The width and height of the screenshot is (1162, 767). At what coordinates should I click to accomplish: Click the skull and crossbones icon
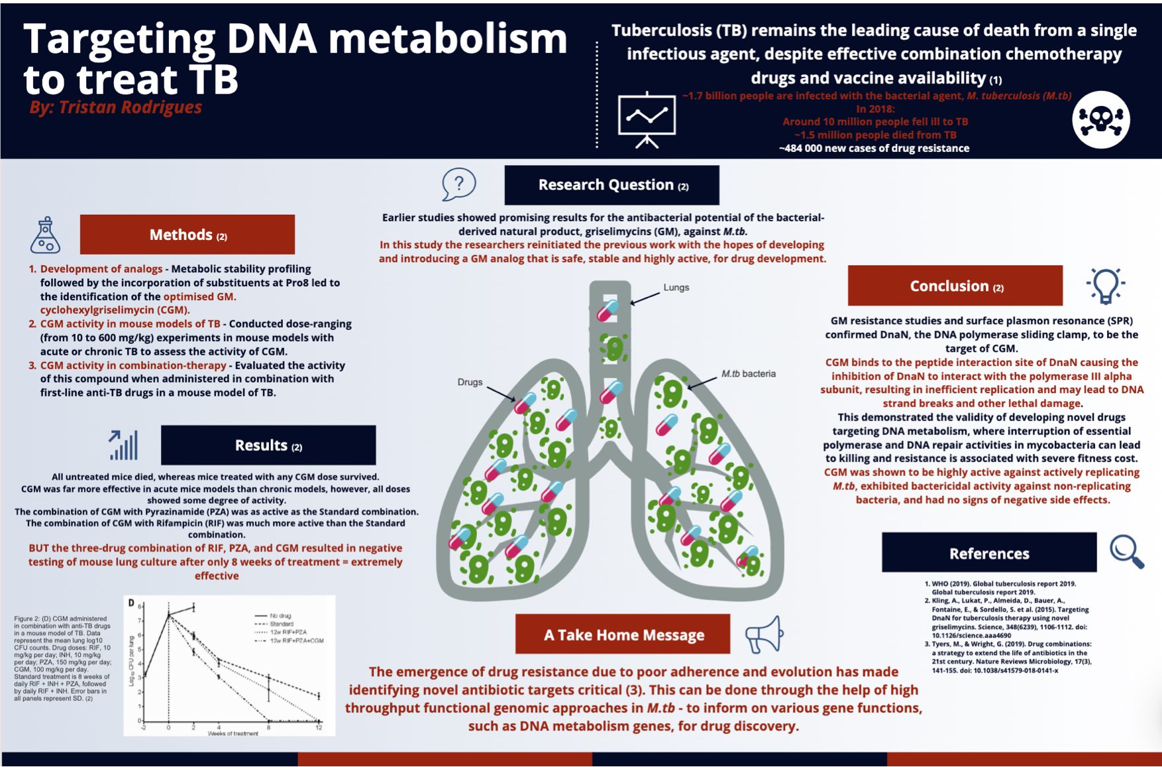tap(1100, 120)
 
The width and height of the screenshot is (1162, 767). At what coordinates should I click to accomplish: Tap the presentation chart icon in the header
tap(646, 119)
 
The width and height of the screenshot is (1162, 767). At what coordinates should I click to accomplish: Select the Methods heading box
tap(187, 235)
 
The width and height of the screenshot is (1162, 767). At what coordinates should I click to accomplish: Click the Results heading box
tap(268, 445)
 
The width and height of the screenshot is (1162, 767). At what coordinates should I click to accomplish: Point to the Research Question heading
tap(612, 185)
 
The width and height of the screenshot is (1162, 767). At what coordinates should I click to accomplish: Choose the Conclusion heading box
tap(955, 286)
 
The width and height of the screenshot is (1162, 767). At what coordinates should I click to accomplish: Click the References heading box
tap(989, 553)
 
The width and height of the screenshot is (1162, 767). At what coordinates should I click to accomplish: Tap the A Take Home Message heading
tap(623, 634)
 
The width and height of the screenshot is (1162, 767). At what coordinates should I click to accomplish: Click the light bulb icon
tap(1105, 286)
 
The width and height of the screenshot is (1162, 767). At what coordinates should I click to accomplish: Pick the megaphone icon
tap(765, 634)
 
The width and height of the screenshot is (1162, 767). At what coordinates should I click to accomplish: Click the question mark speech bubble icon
tap(458, 184)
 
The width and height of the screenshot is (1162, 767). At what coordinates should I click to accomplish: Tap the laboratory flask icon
tap(45, 235)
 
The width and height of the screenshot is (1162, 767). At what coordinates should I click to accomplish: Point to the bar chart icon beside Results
tap(124, 445)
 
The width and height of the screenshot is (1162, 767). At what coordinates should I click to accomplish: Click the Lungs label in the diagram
tap(676, 288)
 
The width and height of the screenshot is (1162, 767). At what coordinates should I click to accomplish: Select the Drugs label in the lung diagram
tap(470, 383)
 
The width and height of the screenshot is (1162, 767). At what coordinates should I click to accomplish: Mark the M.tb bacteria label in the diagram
tap(748, 374)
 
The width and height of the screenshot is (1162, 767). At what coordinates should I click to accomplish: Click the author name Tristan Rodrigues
tap(116, 107)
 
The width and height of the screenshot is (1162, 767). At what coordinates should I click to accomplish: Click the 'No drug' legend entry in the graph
tap(280, 616)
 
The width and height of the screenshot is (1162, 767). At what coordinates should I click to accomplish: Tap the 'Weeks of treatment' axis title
tap(233, 733)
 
